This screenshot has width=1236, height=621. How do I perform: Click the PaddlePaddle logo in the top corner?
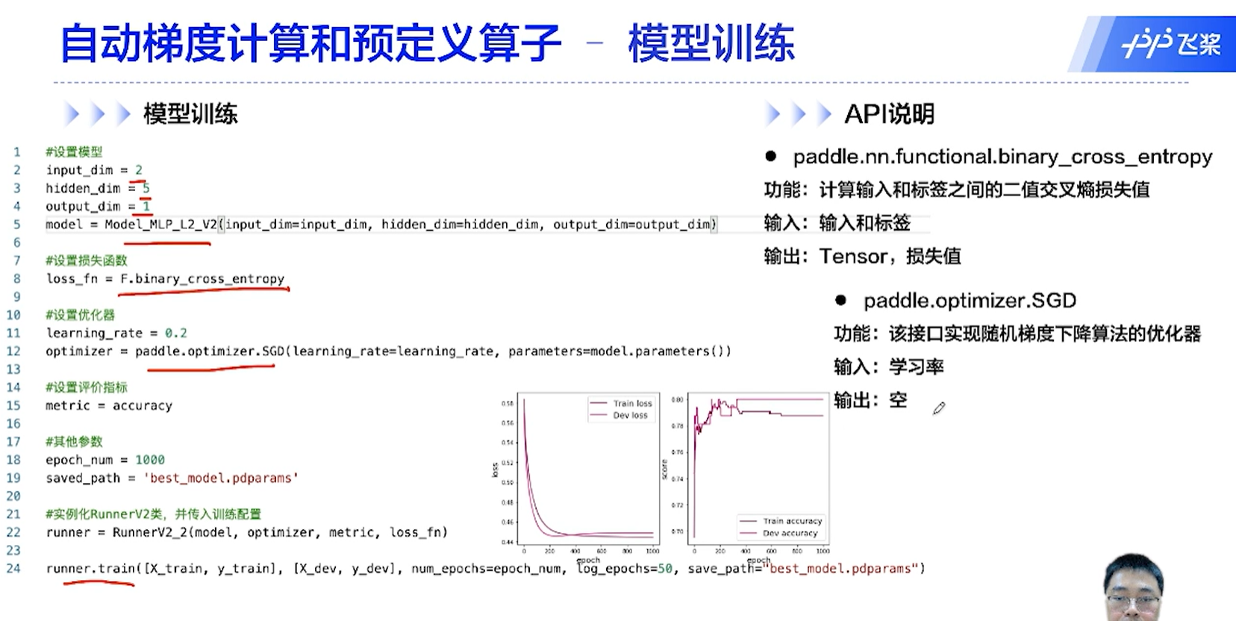(x=1170, y=44)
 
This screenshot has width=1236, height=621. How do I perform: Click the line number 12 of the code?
(x=13, y=351)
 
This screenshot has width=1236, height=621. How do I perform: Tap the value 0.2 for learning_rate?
(x=175, y=333)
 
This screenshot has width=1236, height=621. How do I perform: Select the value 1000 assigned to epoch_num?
(x=149, y=460)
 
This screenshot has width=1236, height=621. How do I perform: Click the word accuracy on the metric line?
(x=142, y=405)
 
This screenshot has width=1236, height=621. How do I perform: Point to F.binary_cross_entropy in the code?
(x=202, y=278)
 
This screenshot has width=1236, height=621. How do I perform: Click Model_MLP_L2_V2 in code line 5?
(x=160, y=224)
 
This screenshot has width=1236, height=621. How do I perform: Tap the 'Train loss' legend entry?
(x=631, y=403)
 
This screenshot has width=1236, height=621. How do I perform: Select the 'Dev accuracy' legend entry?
(x=790, y=533)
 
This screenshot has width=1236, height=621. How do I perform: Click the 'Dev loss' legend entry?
(x=629, y=415)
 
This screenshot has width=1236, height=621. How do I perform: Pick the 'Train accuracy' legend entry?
(x=791, y=521)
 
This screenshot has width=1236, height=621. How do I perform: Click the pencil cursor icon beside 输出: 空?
(x=938, y=408)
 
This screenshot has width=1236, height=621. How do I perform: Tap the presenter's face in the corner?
(x=1133, y=590)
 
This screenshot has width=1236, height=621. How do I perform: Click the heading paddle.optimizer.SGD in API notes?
(x=970, y=301)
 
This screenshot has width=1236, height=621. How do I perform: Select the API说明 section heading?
(x=889, y=114)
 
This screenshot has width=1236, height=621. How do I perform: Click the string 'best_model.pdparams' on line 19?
(x=221, y=478)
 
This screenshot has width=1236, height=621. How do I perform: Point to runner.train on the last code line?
(x=90, y=568)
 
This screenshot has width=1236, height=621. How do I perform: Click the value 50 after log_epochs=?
(x=664, y=568)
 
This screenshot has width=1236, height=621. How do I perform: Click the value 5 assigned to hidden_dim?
(x=146, y=188)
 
